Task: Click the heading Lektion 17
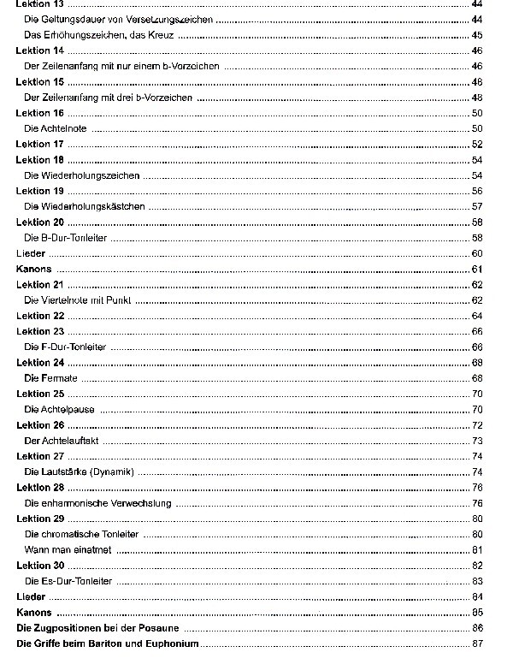[39, 145]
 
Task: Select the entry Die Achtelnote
[56, 128]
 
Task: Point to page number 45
[477, 35]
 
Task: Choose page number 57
[477, 207]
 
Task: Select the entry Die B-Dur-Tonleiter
[67, 238]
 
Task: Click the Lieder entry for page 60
[31, 253]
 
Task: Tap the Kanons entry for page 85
[34, 613]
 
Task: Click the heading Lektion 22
[39, 316]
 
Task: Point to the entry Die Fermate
[51, 378]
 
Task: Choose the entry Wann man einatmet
[68, 549]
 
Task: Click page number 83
[477, 581]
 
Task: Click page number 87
[477, 643]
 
